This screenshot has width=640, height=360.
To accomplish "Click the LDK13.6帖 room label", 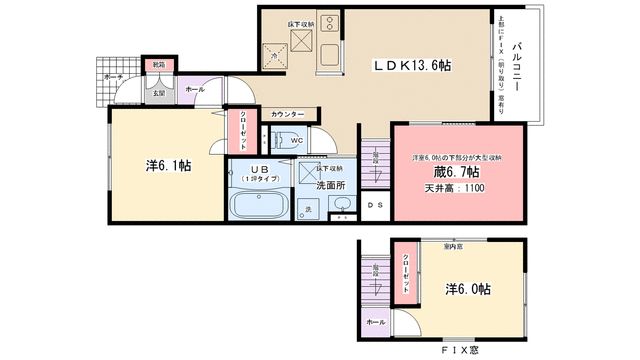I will (x=411, y=65).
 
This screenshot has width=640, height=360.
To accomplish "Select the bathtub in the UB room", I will (x=258, y=208).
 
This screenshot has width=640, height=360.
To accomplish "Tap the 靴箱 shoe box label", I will (x=158, y=66).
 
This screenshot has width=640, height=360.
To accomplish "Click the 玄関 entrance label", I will (x=158, y=95).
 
